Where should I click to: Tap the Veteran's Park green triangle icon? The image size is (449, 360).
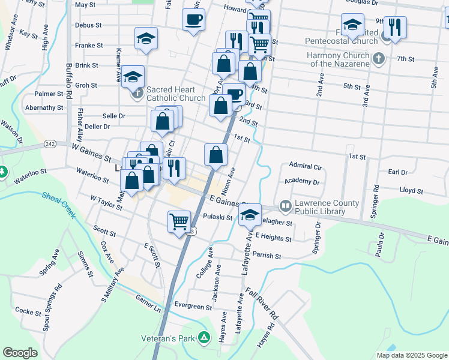click(x=204, y=338)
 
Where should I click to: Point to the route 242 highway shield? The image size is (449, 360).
click(x=50, y=144)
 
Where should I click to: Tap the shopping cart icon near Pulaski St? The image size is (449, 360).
click(x=179, y=221)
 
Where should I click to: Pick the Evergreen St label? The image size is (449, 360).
click(x=193, y=306)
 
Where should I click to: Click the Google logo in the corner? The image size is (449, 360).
click(x=20, y=353)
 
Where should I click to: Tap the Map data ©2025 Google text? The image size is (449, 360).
click(x=411, y=355)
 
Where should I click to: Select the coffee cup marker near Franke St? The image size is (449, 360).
click(x=193, y=20)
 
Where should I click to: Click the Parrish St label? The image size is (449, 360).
click(x=267, y=256)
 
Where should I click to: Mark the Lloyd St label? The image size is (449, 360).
click(x=411, y=190)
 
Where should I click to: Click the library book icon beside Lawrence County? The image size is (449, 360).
click(x=285, y=206)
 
